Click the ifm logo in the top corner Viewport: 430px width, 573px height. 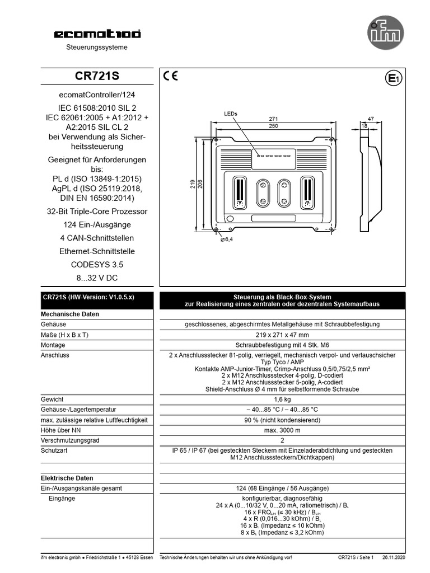point(385,31)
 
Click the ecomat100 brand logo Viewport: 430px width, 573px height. point(97,34)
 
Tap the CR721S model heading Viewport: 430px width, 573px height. point(97,76)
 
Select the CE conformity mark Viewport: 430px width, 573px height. point(171,77)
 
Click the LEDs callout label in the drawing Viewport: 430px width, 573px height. point(231,114)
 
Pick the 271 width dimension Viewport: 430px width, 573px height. point(273,119)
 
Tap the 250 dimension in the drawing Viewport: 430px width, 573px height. point(273,126)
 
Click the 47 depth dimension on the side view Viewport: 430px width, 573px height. point(371,119)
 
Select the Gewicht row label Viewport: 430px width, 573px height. point(52,400)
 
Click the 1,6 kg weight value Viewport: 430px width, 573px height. point(282,400)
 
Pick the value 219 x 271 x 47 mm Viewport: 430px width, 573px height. point(282,335)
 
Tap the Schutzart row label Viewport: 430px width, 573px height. point(54,450)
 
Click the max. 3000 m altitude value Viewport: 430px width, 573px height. point(282,430)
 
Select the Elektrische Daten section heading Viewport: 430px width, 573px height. point(67,478)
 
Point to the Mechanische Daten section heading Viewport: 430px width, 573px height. point(70,314)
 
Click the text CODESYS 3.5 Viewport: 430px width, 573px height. point(97,265)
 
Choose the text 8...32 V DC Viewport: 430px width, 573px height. point(97,278)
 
